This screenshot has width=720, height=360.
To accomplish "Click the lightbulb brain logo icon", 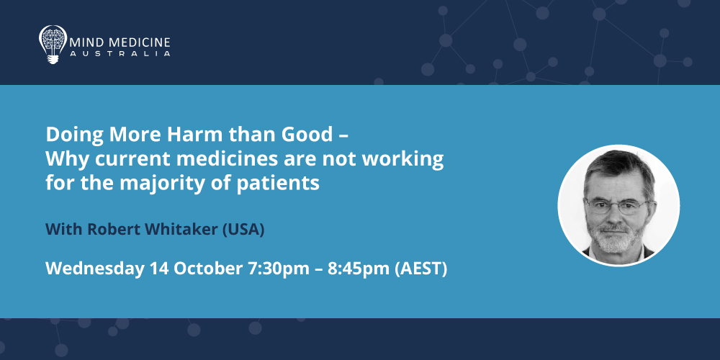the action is coord(53,44).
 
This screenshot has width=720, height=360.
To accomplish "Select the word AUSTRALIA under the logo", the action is coord(120,54).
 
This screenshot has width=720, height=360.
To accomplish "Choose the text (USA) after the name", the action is coord(243,230).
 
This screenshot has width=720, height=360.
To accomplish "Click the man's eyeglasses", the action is coord(617,205).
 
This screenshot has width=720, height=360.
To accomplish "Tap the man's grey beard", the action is coord(614,235).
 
